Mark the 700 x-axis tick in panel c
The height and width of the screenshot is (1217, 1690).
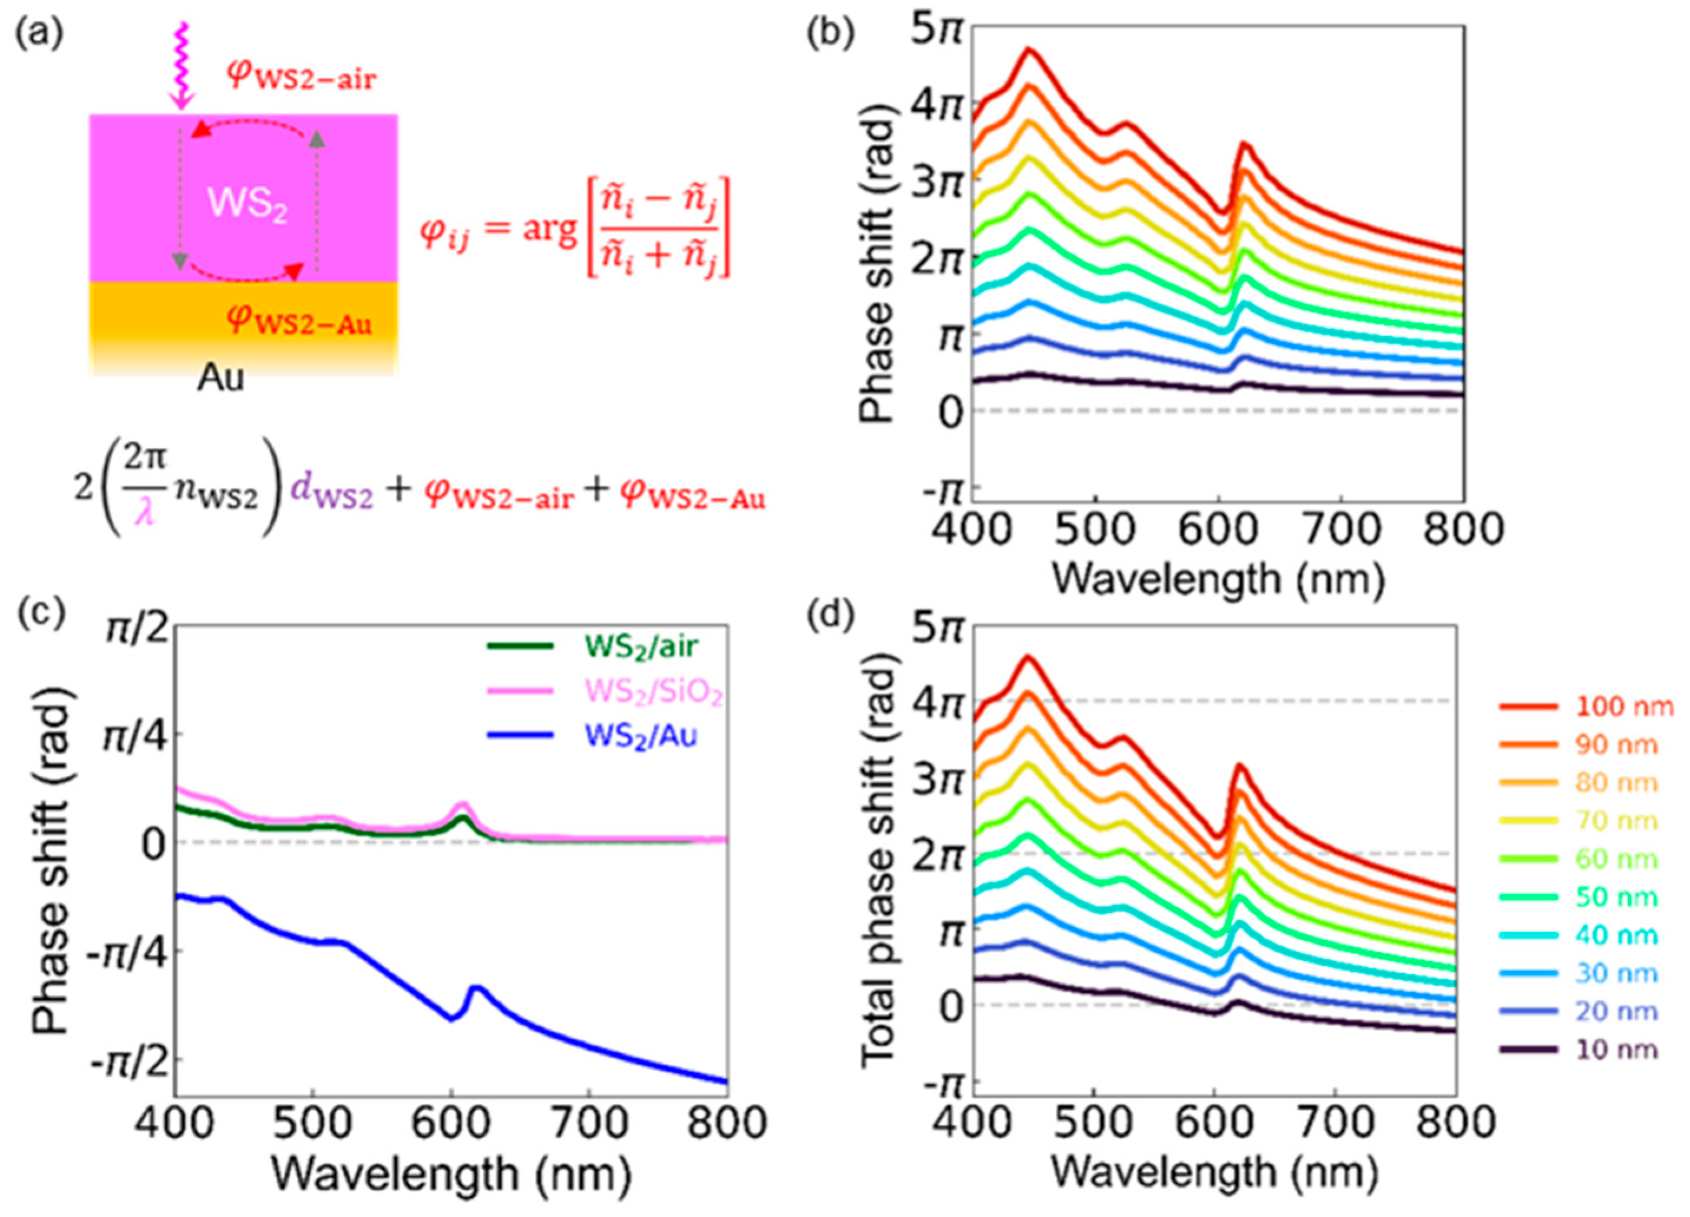coord(589,1124)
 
